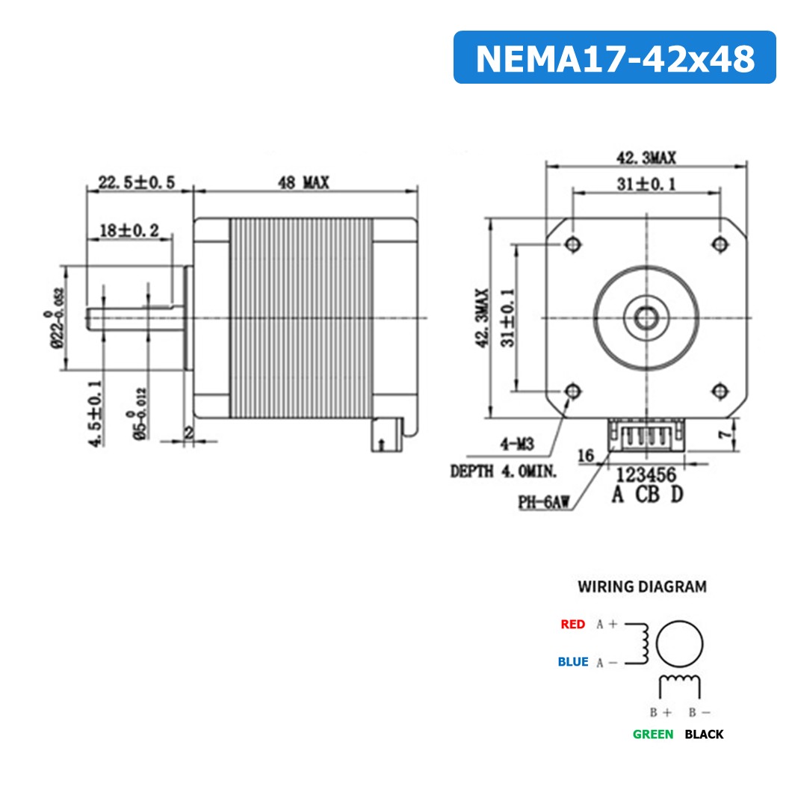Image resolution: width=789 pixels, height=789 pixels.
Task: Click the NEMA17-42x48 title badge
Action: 614,58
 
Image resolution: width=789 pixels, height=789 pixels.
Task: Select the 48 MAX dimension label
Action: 303,182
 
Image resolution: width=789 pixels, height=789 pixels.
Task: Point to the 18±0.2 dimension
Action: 129,231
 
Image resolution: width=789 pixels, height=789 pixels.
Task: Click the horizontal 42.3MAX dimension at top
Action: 646,158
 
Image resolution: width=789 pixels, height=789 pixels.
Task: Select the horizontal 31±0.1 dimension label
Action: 646,183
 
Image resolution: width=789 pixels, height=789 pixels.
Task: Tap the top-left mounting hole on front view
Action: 573,244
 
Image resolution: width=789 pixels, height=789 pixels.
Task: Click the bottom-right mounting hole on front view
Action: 720,390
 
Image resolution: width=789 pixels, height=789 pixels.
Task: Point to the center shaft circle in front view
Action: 646,318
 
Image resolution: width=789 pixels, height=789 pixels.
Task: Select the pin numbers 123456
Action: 646,475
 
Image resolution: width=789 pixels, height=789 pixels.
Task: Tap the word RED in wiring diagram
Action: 572,624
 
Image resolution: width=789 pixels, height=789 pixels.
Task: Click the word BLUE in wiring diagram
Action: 572,662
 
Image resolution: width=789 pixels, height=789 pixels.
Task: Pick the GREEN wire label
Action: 652,734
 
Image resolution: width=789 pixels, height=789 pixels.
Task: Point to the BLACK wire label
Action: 704,734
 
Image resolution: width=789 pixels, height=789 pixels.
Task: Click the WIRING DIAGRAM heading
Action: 641,587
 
